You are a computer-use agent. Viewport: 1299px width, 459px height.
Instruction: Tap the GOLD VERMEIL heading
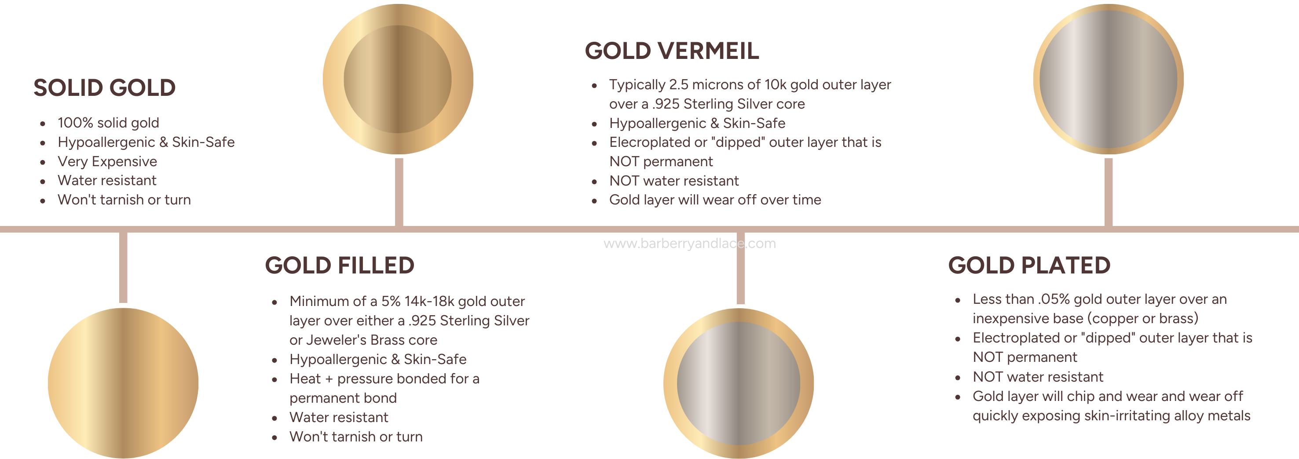click(x=672, y=51)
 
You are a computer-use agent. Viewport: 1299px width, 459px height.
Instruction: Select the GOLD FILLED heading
click(x=339, y=266)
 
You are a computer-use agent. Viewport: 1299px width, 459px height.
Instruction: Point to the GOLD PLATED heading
click(x=1029, y=266)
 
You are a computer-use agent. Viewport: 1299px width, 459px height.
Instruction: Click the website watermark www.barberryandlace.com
click(x=689, y=244)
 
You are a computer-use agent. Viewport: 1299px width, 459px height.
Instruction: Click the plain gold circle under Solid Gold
click(x=123, y=383)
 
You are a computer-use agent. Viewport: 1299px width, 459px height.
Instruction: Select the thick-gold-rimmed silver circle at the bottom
click(x=738, y=383)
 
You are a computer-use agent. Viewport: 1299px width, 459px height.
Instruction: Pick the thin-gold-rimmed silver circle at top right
click(x=1109, y=79)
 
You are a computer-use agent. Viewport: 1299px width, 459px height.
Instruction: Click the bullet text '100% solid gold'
click(x=108, y=123)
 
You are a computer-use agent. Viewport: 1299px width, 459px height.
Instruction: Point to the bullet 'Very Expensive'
click(x=107, y=162)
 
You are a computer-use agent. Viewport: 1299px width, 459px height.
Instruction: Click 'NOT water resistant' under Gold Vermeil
click(x=674, y=181)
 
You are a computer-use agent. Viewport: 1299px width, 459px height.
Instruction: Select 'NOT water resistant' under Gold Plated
click(x=1038, y=377)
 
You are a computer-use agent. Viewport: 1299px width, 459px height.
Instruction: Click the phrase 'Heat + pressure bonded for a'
click(x=384, y=379)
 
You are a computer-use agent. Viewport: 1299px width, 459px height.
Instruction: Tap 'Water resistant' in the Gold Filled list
click(x=339, y=417)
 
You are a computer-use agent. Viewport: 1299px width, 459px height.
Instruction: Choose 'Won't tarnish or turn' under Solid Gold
click(x=124, y=200)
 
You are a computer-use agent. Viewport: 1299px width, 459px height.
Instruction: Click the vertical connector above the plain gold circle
click(x=123, y=268)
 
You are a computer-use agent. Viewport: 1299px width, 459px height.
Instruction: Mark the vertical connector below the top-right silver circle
click(x=1109, y=192)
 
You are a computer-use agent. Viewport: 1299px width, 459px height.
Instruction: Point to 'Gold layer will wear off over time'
click(x=715, y=200)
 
